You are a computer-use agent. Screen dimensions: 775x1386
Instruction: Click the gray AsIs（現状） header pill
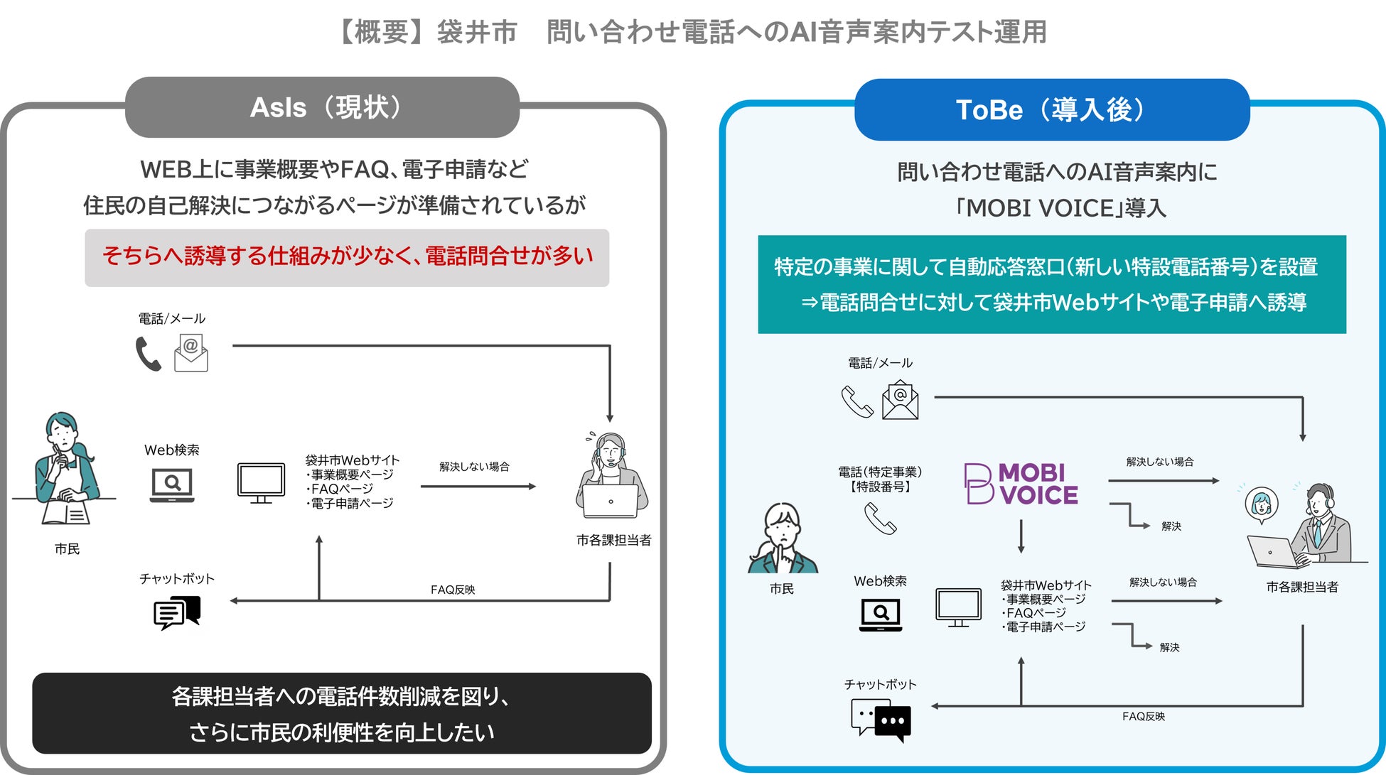pyautogui.click(x=322, y=107)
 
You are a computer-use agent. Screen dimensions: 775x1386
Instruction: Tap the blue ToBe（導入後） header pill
pyautogui.click(x=1051, y=109)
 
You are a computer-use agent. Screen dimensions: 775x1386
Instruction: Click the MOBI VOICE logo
pyautogui.click(x=1021, y=484)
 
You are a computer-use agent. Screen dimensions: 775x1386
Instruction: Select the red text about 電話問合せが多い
pyautogui.click(x=347, y=256)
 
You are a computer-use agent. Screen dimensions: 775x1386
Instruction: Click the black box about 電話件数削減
pyautogui.click(x=341, y=713)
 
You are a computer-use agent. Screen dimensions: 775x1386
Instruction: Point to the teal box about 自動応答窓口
pyautogui.click(x=1051, y=284)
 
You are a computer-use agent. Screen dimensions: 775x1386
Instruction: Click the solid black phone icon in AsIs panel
pyautogui.click(x=148, y=354)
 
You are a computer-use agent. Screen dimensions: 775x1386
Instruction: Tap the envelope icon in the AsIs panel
pyautogui.click(x=190, y=353)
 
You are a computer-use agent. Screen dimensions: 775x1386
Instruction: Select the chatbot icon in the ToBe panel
pyautogui.click(x=881, y=720)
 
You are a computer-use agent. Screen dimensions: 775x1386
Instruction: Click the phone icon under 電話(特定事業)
pyautogui.click(x=880, y=519)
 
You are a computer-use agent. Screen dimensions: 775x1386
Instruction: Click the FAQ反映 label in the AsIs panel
pyautogui.click(x=452, y=590)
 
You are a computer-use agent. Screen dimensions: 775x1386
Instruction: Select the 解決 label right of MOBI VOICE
pyautogui.click(x=1171, y=526)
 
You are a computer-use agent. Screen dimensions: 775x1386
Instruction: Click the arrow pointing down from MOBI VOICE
pyautogui.click(x=1021, y=536)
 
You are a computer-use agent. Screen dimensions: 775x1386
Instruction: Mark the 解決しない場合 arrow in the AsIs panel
pyautogui.click(x=478, y=487)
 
